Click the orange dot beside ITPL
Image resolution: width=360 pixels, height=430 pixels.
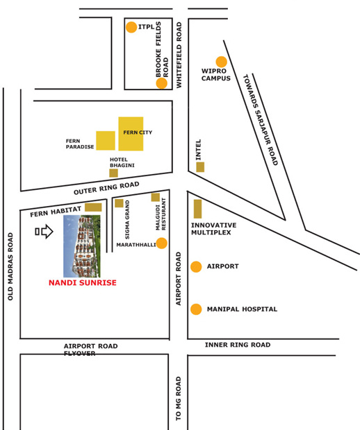click(131, 27)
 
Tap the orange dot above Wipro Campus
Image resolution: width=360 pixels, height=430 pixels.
click(221, 62)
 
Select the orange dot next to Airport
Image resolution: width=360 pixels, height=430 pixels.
click(196, 266)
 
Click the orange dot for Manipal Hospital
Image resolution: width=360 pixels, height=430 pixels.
click(196, 309)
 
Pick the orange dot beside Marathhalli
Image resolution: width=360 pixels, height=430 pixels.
click(161, 243)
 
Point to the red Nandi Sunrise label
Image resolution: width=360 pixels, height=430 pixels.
click(83, 283)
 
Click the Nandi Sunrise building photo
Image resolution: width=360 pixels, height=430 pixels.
click(81, 246)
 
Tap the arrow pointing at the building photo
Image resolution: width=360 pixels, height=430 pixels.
click(44, 231)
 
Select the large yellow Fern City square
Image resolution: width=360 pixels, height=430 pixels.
click(131, 133)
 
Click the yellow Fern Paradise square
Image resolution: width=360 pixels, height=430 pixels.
click(106, 140)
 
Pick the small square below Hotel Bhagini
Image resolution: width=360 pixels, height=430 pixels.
click(113, 173)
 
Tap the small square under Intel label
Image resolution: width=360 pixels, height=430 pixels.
click(200, 167)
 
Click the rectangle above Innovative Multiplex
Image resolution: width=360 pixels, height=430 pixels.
click(197, 209)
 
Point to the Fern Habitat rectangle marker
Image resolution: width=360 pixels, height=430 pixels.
click(93, 207)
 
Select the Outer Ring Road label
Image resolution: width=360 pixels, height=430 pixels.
click(106, 188)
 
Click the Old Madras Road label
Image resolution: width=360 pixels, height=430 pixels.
click(10, 266)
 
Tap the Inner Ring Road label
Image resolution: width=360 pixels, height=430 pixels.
click(237, 345)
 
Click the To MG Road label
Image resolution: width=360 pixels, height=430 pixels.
click(179, 399)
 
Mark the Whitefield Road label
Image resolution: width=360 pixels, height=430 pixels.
click(179, 55)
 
